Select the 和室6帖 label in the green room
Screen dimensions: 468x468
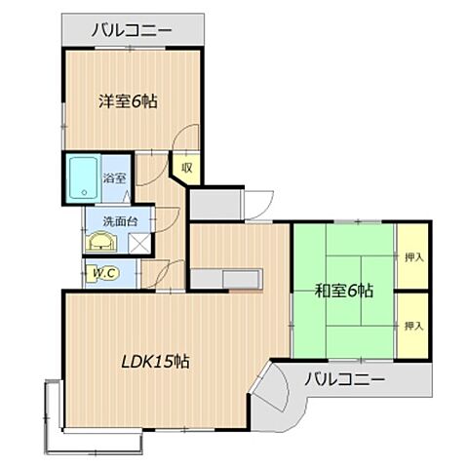[344, 290]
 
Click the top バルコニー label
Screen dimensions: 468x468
[133, 31]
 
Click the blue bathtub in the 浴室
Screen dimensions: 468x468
[84, 177]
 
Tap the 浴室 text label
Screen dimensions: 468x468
[115, 178]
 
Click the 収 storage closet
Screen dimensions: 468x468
[186, 169]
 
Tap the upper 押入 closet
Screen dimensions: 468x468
[413, 255]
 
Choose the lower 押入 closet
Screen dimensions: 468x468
[413, 324]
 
